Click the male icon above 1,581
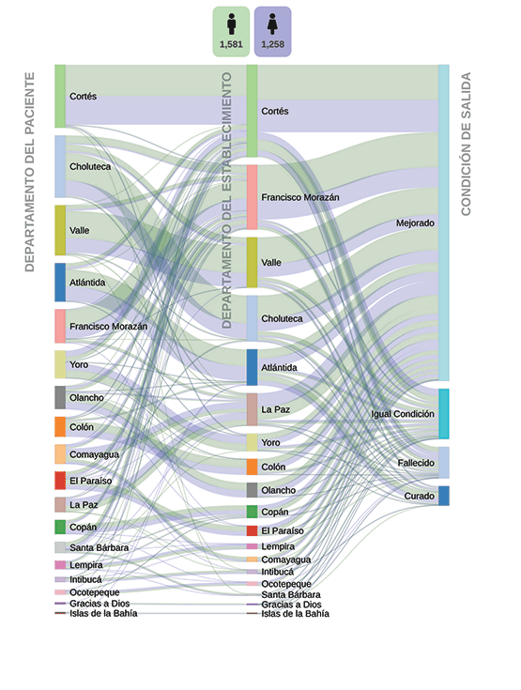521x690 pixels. pyautogui.click(x=232, y=24)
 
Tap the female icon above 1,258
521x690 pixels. pyautogui.click(x=273, y=24)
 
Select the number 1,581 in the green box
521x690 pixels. pyautogui.click(x=231, y=44)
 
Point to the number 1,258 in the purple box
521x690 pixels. pyautogui.click(x=273, y=44)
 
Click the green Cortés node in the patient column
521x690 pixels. pyautogui.click(x=60, y=97)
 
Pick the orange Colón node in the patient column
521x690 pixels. pyautogui.click(x=60, y=427)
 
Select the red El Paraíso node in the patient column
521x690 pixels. pyautogui.click(x=60, y=481)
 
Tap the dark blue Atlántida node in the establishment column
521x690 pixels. pyautogui.click(x=252, y=367)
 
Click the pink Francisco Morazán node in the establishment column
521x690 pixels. pyautogui.click(x=252, y=197)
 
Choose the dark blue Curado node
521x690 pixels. pyautogui.click(x=443, y=496)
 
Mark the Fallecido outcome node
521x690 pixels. pyautogui.click(x=443, y=463)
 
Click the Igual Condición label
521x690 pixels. pyautogui.click(x=402, y=414)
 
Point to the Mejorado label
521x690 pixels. pyautogui.click(x=415, y=223)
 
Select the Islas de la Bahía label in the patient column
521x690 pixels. pyautogui.click(x=103, y=613)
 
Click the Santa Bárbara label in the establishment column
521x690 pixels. pyautogui.click(x=291, y=594)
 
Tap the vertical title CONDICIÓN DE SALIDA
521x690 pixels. pyautogui.click(x=466, y=144)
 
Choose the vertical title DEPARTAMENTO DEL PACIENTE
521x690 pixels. pyautogui.click(x=29, y=172)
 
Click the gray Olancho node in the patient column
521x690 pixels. pyautogui.click(x=60, y=398)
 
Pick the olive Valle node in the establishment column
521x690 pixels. pyautogui.click(x=252, y=263)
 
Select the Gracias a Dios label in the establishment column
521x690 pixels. pyautogui.click(x=291, y=605)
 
